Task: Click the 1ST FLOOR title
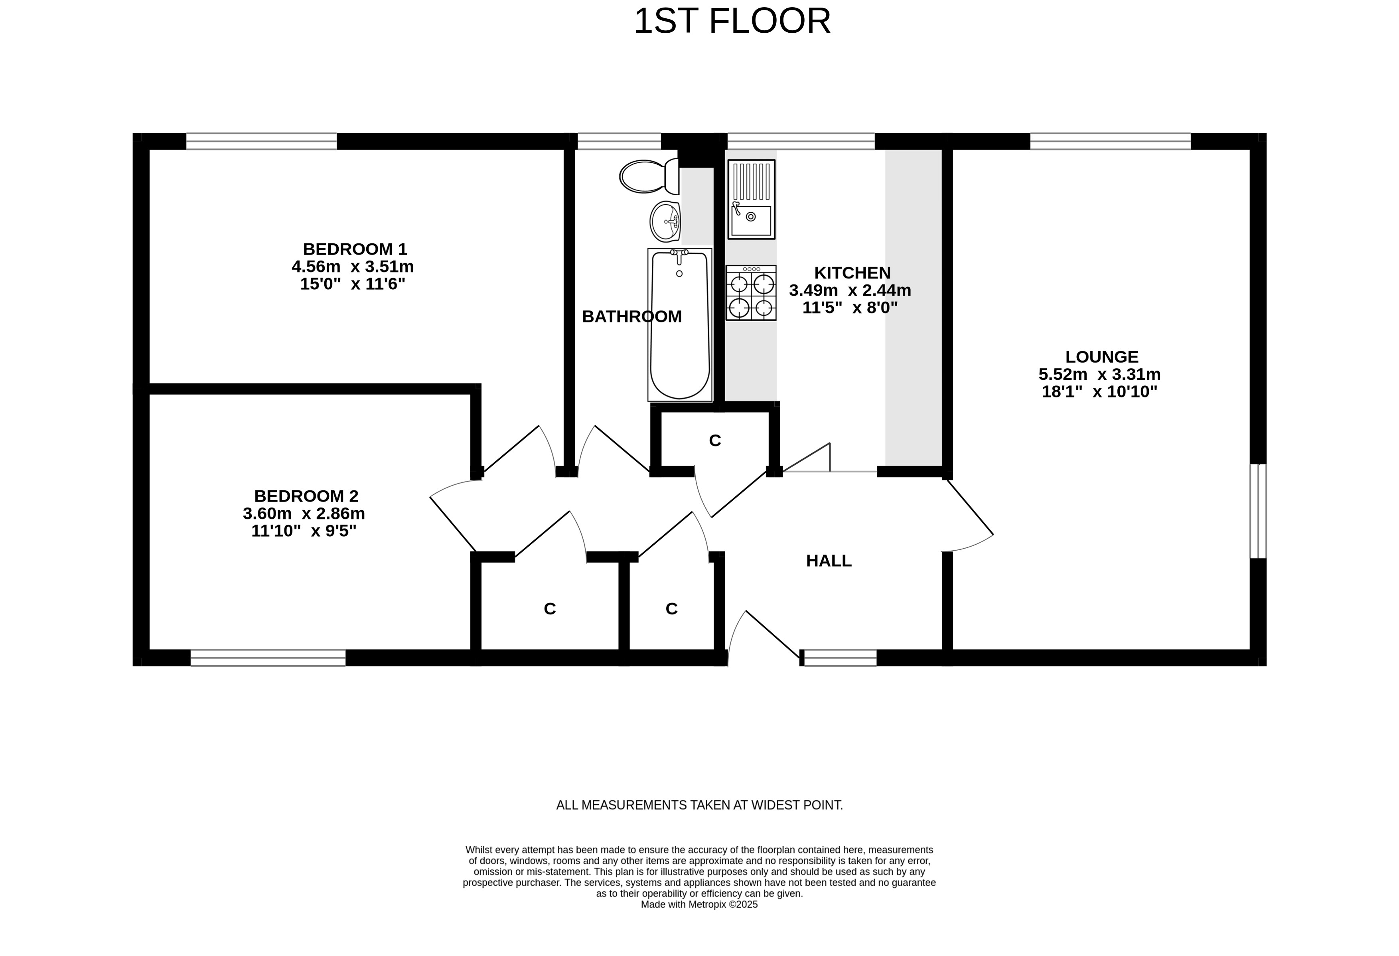(732, 21)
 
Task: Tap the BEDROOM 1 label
(355, 249)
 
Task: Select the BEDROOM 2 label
(306, 496)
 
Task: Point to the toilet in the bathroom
(649, 176)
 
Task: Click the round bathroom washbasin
(665, 221)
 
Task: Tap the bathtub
(680, 324)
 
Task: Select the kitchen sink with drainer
(751, 199)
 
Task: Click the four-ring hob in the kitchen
(751, 292)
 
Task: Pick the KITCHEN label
(852, 273)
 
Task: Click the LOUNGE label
(1102, 357)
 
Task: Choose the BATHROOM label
(631, 317)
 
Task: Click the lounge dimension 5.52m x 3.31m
(1099, 374)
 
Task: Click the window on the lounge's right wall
(1258, 511)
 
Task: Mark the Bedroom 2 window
(268, 658)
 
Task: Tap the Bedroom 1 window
(261, 141)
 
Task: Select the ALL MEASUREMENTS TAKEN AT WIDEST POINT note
(700, 805)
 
